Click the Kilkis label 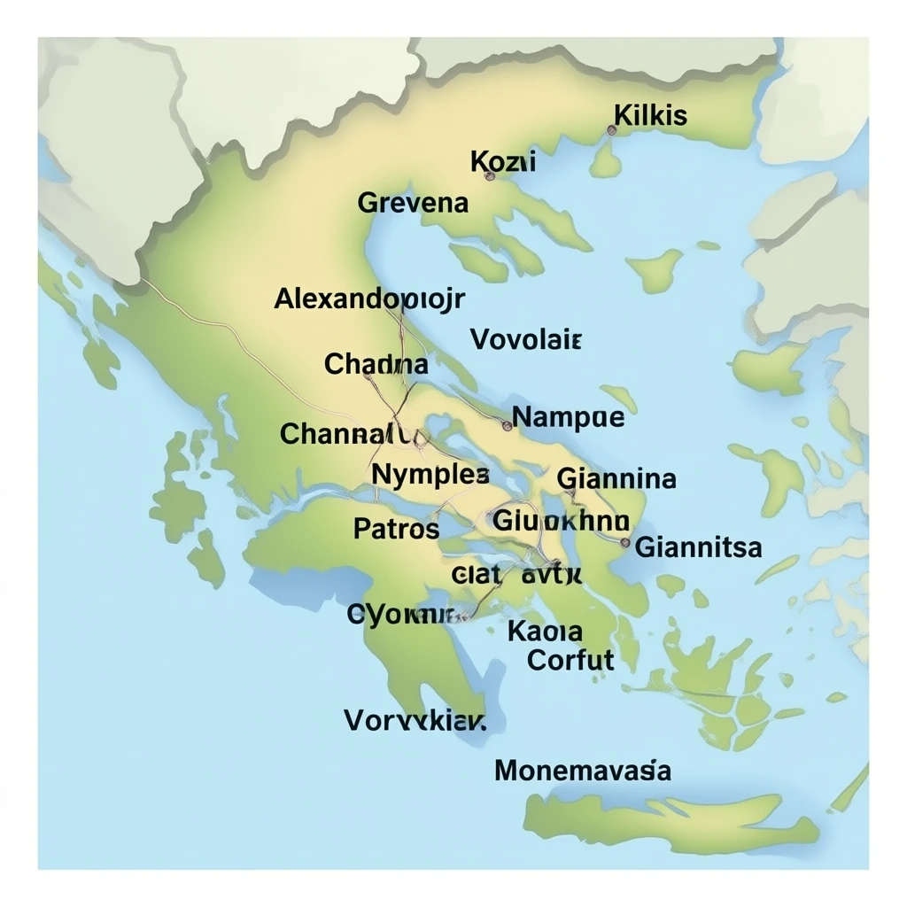coord(650,115)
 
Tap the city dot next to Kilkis coord(611,130)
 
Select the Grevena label coord(413,203)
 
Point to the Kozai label coord(502,161)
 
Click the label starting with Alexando coord(369,298)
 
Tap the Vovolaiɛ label coord(525,339)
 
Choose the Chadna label coord(376,363)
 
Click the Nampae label coord(569,417)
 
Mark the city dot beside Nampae coord(507,425)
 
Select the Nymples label coord(430,474)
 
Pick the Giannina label coord(616,479)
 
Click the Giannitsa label coord(698,547)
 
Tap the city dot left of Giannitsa coord(625,542)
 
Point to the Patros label coord(396,529)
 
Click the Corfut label coord(570,659)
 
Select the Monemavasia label coord(582,770)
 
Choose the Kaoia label coord(545,632)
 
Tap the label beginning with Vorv coord(415,720)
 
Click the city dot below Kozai coord(490,176)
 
